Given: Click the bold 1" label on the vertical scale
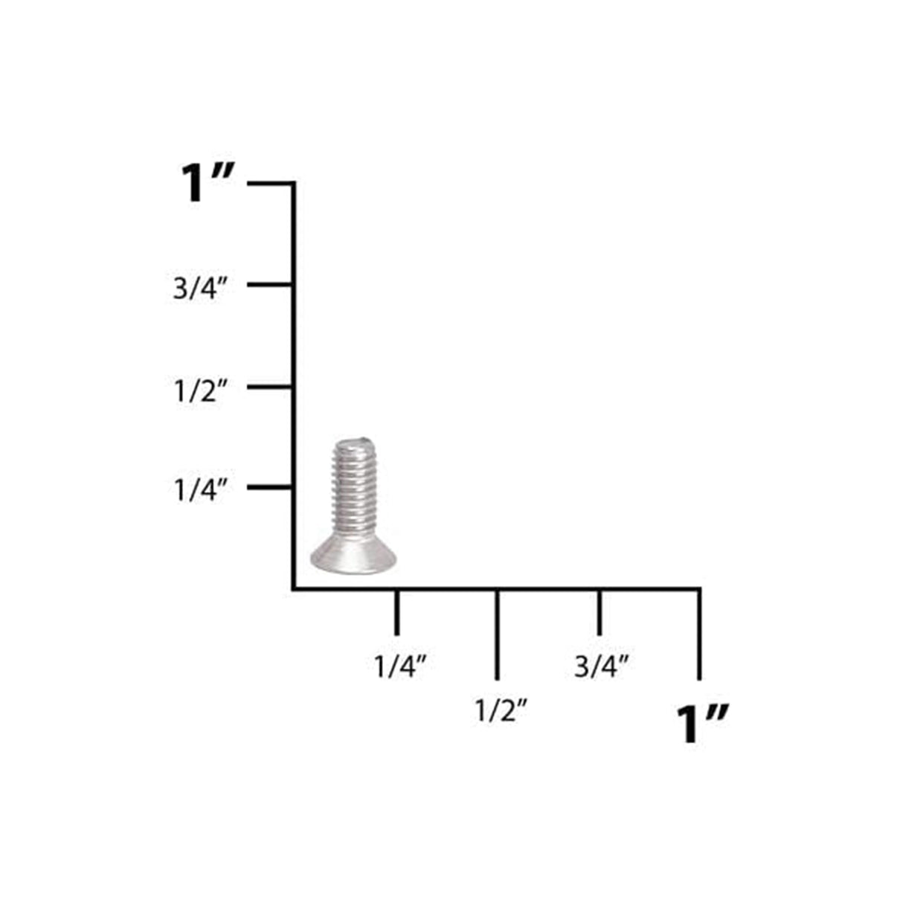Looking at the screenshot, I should tap(208, 183).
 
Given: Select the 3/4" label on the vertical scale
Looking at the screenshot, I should tap(199, 289).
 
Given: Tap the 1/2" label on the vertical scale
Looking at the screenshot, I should tap(199, 391).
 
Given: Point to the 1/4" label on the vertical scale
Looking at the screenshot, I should tap(199, 490).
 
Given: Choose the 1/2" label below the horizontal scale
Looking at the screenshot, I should tap(501, 711).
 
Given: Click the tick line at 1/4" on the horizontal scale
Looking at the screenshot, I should tap(396, 612).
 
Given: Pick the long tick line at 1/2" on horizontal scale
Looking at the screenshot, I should tap(497, 634).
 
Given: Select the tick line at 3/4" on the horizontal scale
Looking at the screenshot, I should tap(600, 612).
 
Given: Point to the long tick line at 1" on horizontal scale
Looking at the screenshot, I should tap(699, 634).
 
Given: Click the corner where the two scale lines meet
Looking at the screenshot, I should tap(295, 588).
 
